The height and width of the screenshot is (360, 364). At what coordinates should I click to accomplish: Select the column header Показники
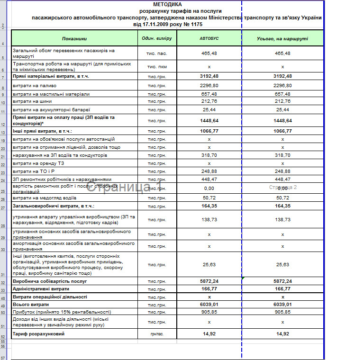[x=74, y=38]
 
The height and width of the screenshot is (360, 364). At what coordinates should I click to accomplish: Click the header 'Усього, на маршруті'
[x=282, y=38]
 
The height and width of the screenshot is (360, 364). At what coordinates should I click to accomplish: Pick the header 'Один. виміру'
[x=157, y=38]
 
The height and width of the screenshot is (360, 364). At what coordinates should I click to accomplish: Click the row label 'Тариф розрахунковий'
[x=38, y=334]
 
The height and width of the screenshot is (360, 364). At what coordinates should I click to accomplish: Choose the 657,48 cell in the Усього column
[x=282, y=94]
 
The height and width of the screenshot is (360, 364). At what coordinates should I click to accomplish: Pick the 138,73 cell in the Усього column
[x=282, y=220]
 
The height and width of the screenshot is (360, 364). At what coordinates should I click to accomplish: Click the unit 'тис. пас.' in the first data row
[x=157, y=54]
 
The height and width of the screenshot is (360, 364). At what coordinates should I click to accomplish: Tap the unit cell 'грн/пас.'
[x=157, y=334]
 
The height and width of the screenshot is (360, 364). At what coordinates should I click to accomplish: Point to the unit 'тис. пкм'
[x=157, y=67]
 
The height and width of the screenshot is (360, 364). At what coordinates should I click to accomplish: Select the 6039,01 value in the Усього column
[x=282, y=305]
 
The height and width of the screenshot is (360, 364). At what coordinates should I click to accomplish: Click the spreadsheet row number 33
[x=3, y=290]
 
